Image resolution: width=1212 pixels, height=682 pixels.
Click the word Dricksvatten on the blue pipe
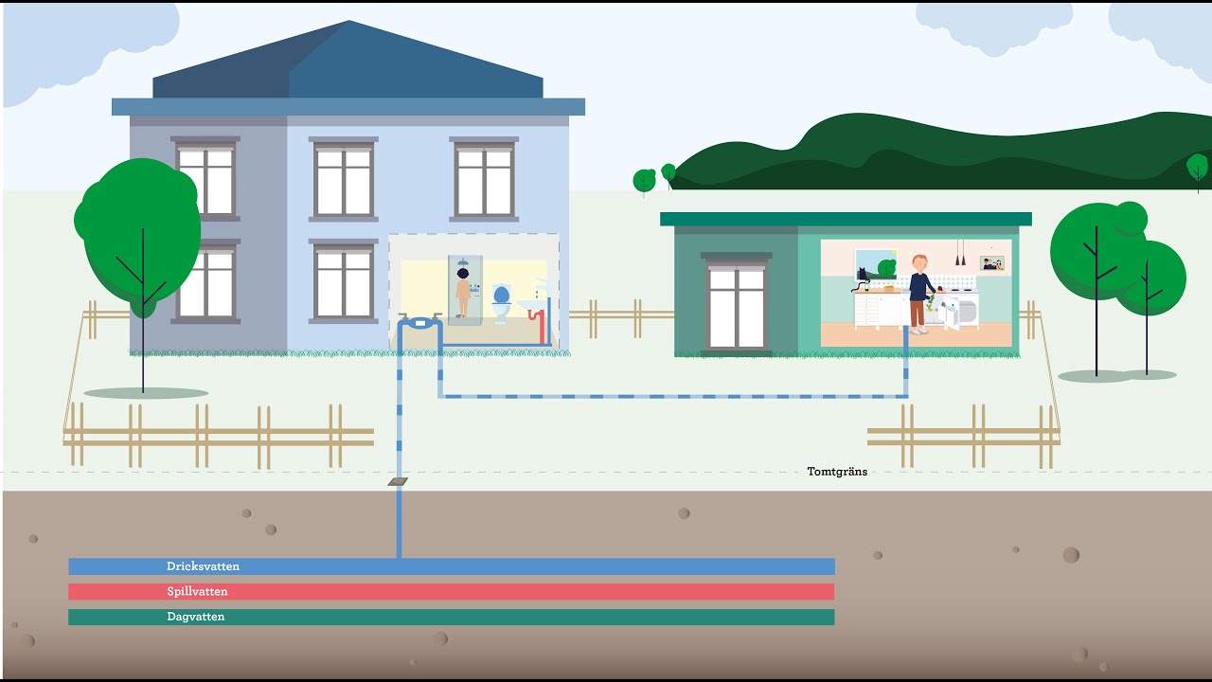[203, 566]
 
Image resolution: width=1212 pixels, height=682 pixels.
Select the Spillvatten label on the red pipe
[197, 591]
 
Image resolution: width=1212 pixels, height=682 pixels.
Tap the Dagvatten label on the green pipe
[195, 617]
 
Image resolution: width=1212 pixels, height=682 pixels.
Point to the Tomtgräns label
[837, 472]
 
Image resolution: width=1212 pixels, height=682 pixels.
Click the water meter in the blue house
[419, 323]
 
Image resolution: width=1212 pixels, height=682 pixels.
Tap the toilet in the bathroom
[501, 303]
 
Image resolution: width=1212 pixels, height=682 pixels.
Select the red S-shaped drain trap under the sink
[538, 326]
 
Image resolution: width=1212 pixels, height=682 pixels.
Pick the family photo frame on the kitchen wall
[991, 263]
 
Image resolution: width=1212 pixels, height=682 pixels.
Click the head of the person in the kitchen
[919, 264]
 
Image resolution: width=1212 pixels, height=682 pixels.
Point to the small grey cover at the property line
[398, 481]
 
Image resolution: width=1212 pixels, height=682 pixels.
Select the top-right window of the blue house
[484, 180]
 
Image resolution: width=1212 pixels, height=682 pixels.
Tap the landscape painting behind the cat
[876, 264]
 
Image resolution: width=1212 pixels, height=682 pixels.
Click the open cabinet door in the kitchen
[951, 314]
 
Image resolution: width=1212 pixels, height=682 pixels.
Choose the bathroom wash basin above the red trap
[532, 305]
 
